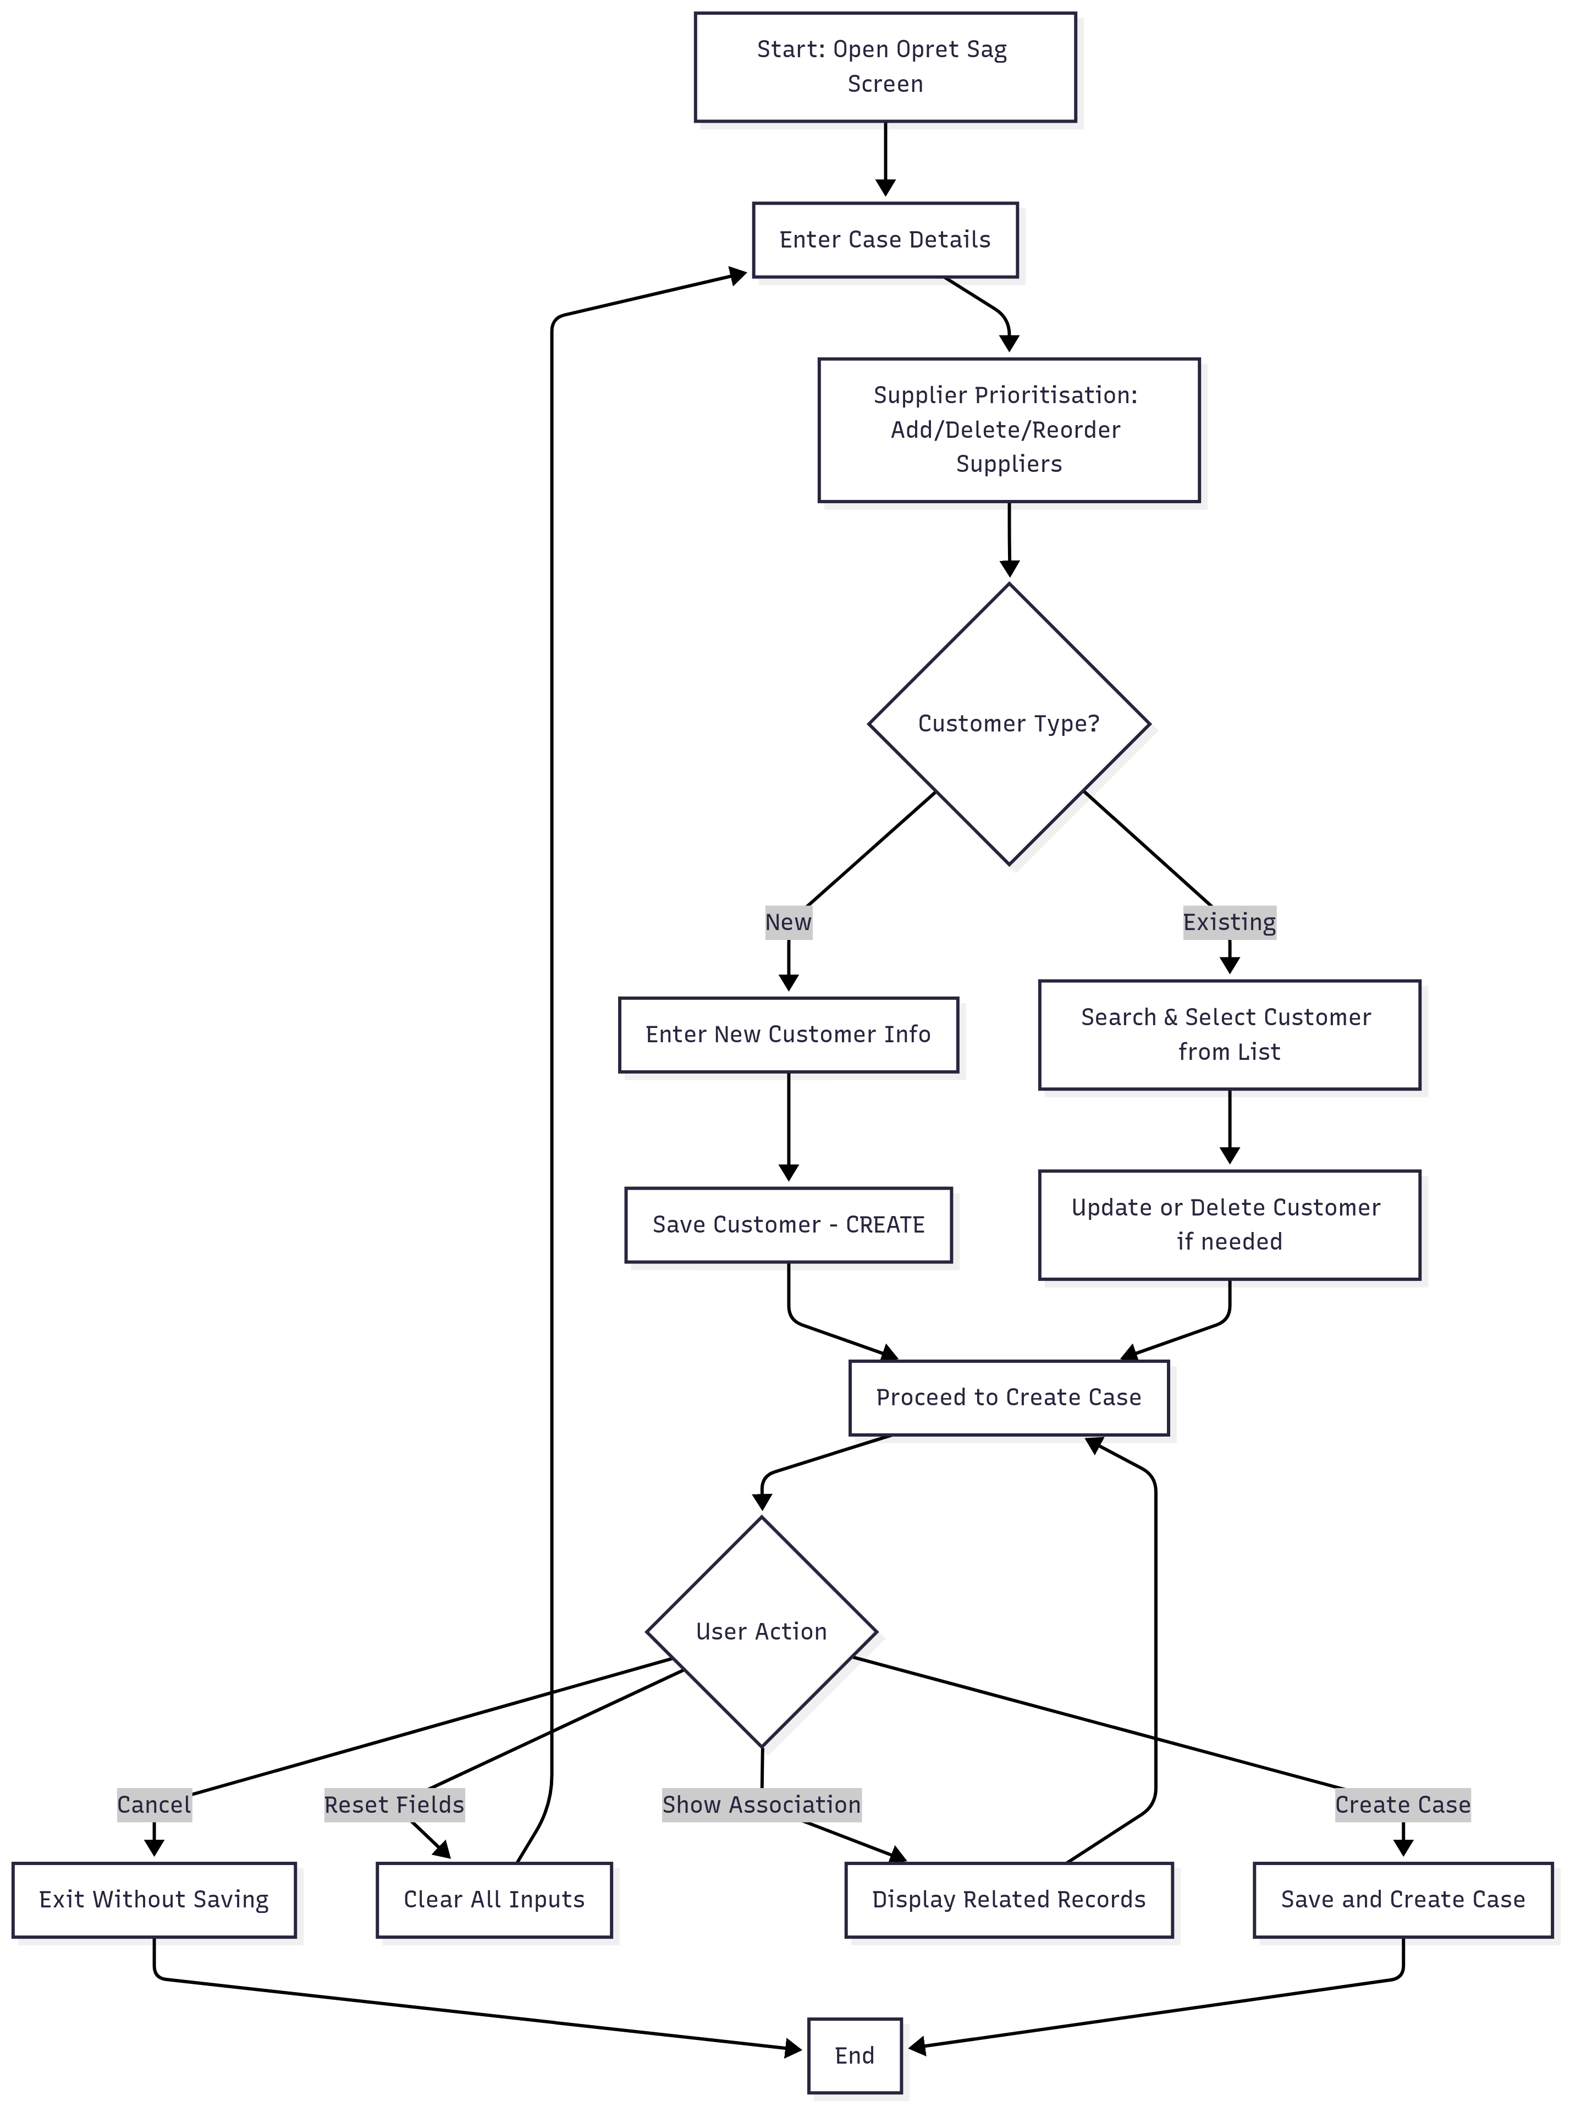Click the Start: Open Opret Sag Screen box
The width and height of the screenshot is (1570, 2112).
885,67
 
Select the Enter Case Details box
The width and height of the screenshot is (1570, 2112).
885,239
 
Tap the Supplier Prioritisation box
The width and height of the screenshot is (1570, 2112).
1009,430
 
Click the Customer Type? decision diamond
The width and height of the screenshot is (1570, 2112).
1009,723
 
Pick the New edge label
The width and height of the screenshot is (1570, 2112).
788,922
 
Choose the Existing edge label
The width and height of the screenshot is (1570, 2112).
1229,922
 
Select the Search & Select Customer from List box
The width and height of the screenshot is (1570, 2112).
1229,1034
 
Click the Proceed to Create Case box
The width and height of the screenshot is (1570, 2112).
1009,1397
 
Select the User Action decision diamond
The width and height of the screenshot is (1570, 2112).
761,1631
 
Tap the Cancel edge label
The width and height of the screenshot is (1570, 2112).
154,1804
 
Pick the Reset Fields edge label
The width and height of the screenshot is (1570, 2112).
394,1804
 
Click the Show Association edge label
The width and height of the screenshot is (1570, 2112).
761,1804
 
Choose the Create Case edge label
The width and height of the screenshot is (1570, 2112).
1403,1804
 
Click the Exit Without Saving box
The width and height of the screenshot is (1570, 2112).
154,1899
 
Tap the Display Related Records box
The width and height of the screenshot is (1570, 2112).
1009,1899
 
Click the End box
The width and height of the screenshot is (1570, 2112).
855,2055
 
